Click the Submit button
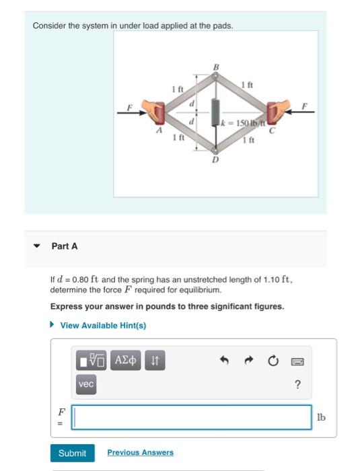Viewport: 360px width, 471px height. (72, 453)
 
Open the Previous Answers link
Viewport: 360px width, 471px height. (140, 453)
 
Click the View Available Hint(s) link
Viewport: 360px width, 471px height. (102, 326)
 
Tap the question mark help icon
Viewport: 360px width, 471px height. (297, 385)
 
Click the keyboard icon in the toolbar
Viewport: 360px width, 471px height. (297, 362)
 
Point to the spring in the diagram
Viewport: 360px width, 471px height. (216, 112)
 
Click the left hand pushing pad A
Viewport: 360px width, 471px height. (157, 112)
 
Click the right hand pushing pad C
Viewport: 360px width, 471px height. (277, 112)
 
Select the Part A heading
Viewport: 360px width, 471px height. (65, 246)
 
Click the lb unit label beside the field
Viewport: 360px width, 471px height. (321, 417)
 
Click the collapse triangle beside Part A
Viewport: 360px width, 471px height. (38, 246)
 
